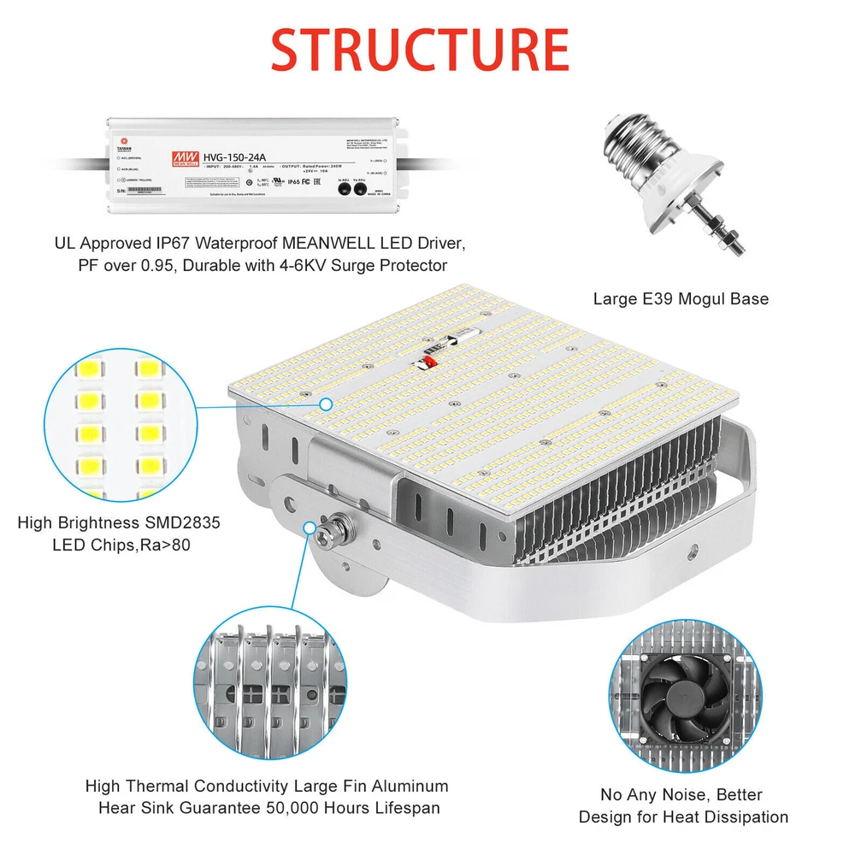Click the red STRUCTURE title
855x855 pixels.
click(x=420, y=50)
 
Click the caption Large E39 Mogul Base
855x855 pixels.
click(x=681, y=299)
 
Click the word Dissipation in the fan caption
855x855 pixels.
click(x=741, y=817)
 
